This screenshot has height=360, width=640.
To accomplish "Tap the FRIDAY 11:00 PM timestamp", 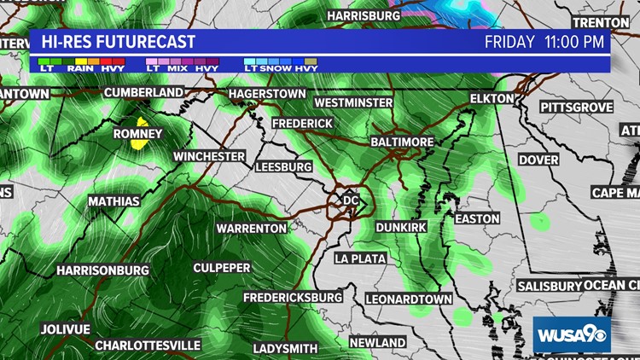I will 544,42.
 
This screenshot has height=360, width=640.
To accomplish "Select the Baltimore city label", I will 403,141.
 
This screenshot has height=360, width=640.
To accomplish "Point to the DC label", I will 350,200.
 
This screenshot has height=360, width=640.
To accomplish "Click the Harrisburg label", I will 364,15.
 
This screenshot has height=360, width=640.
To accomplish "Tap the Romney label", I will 137,134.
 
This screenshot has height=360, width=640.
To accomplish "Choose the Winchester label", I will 210,157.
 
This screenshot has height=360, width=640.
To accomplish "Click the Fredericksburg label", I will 294,298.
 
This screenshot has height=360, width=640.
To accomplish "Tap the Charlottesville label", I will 148,345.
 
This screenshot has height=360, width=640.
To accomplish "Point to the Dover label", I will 538,160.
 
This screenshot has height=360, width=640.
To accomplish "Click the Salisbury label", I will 548,286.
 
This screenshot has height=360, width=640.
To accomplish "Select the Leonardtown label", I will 409,299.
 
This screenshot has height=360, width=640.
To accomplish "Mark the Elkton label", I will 492,99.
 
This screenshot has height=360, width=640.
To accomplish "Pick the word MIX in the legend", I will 177,68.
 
